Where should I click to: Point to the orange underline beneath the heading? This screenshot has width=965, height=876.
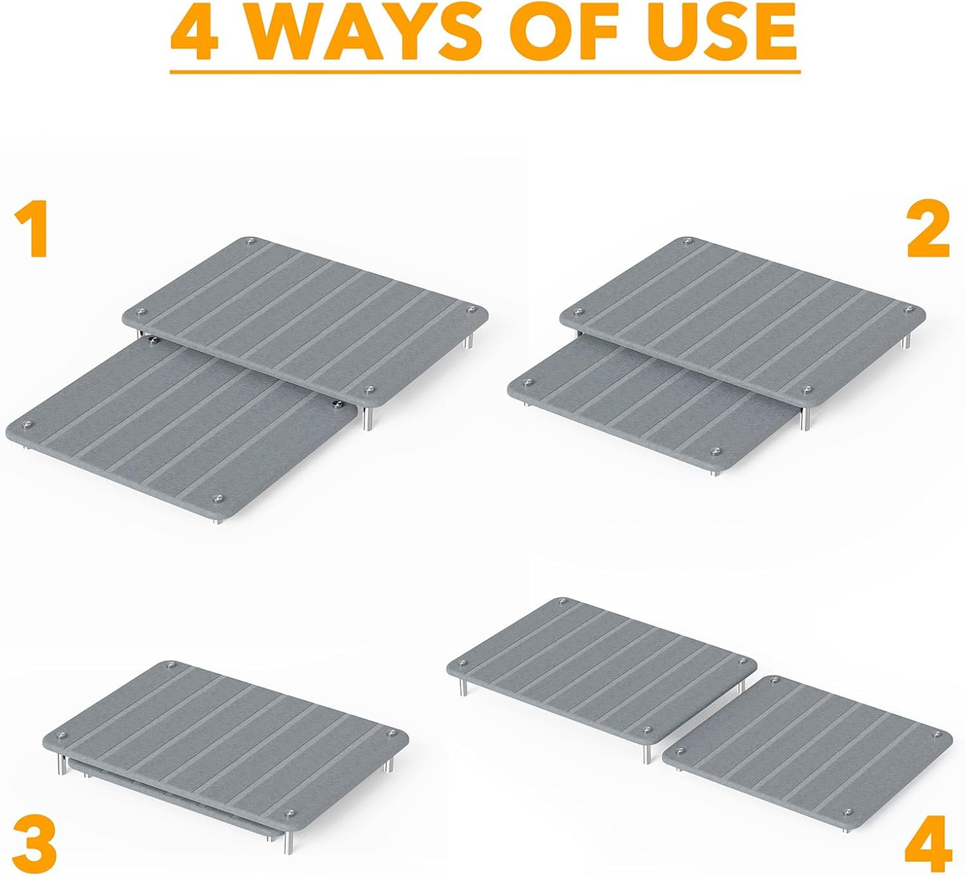click(x=486, y=72)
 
